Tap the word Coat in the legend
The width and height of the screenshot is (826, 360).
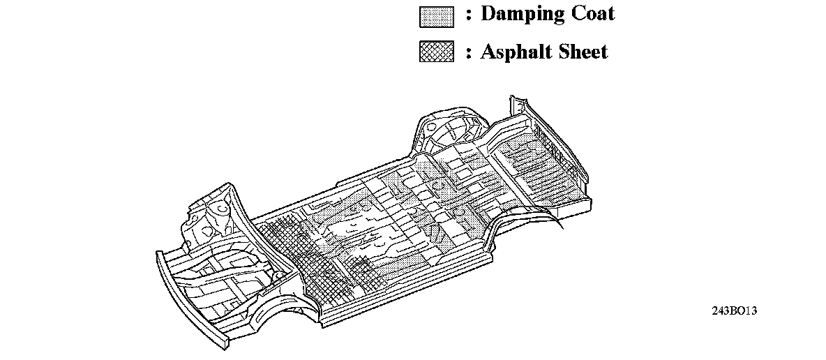590,14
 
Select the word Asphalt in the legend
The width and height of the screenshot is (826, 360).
513,52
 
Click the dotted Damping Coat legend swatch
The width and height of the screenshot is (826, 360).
437,16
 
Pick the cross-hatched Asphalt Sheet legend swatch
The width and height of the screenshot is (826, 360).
437,52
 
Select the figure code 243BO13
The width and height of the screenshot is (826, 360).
734,311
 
